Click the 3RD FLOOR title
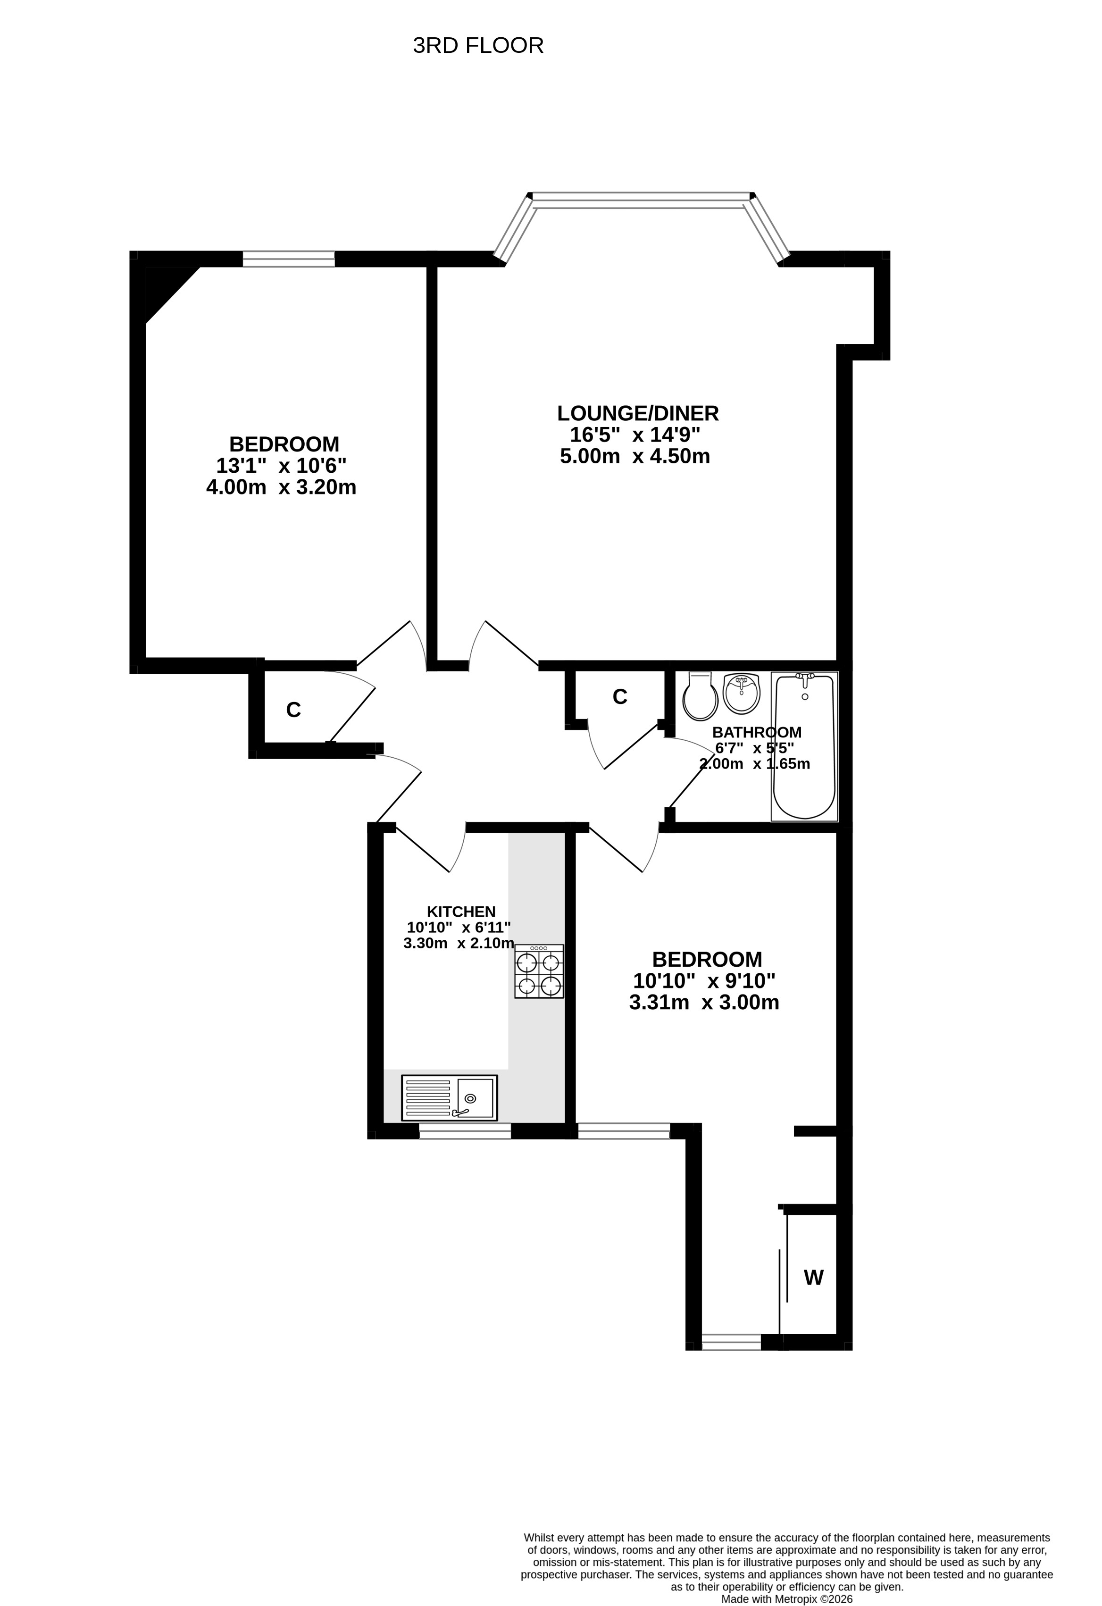coord(478,46)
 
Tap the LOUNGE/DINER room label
coord(638,413)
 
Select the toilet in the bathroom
coord(700,695)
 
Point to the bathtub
coord(804,746)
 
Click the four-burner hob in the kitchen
coord(539,971)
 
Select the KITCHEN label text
coord(461,912)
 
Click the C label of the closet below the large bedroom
coord(293,710)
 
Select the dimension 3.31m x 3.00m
coord(704,1002)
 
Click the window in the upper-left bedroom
coord(289,259)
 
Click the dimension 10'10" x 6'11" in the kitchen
coord(459,928)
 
